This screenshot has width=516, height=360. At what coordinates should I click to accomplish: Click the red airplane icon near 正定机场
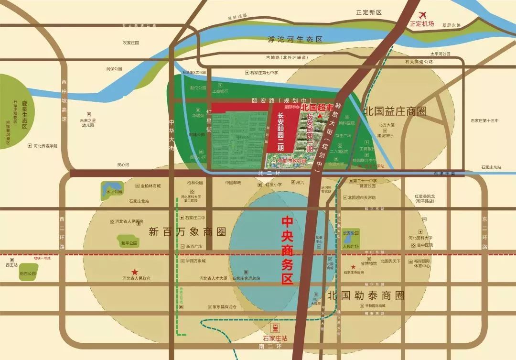pyautogui.click(x=422, y=15)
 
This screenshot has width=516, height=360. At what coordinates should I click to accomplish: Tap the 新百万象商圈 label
pyautogui.click(x=187, y=232)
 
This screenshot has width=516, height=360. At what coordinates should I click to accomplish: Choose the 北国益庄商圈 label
pyautogui.click(x=395, y=111)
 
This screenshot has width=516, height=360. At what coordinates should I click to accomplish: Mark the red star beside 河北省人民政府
pyautogui.click(x=135, y=271)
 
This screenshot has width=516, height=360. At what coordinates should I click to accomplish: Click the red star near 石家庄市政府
pyautogui.click(x=353, y=267)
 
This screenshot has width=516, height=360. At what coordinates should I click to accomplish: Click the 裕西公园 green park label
pyautogui.click(x=28, y=274)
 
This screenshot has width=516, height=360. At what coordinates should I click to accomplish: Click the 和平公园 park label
pyautogui.click(x=129, y=243)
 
